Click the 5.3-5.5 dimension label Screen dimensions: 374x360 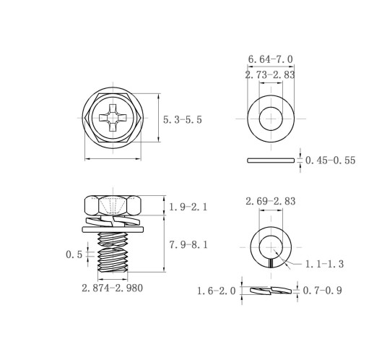click(x=183, y=120)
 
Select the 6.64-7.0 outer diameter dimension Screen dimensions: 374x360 click(x=271, y=59)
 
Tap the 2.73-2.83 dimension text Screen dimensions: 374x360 click(x=270, y=74)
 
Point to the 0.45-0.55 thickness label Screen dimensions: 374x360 click(x=330, y=160)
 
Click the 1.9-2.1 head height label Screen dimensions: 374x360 click(x=188, y=207)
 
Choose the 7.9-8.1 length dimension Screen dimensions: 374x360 click(x=188, y=245)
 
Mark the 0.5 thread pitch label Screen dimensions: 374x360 click(x=74, y=254)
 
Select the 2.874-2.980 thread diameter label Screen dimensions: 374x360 click(x=113, y=288)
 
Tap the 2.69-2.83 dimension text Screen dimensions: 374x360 click(x=271, y=201)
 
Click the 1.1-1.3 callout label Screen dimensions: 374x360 click(x=324, y=264)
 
